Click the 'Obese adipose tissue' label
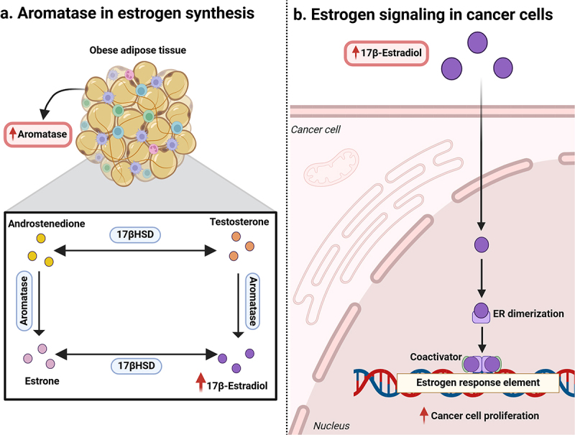click(137, 50)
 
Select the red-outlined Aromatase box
click(38, 134)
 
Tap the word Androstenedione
click(47, 224)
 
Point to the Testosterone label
click(239, 222)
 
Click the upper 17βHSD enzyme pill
click(135, 234)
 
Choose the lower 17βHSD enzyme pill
click(137, 366)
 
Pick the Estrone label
click(42, 381)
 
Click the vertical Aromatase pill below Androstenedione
click(24, 301)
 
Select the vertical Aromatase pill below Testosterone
click(253, 301)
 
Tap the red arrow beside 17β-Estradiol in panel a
click(201, 383)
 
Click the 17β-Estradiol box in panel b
click(386, 53)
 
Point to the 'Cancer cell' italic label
click(316, 129)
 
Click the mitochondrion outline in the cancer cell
click(331, 167)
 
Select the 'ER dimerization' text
click(528, 313)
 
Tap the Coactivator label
click(436, 357)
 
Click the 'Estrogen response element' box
click(478, 383)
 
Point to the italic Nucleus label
click(331, 426)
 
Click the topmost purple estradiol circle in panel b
click(477, 42)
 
